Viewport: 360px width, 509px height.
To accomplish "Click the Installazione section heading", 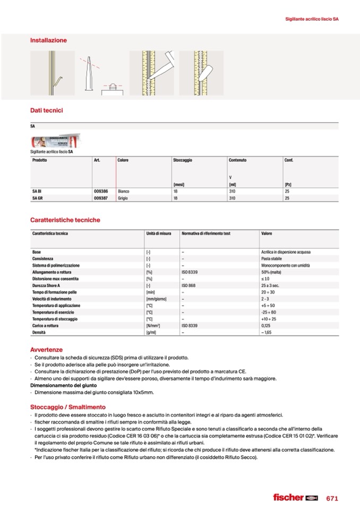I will (x=48, y=40).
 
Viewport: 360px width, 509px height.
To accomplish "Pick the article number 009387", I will (x=101, y=197).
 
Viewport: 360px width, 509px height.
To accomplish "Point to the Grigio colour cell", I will (x=123, y=197).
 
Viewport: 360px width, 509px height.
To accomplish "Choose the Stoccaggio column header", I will (x=182, y=160).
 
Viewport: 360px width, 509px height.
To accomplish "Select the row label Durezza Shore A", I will (x=47, y=286).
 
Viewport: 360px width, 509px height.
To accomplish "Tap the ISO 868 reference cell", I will (x=189, y=286).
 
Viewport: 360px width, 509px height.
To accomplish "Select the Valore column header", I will (x=267, y=234).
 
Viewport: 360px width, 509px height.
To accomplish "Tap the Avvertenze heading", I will (x=47, y=350).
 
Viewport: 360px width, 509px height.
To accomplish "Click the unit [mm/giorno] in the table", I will (x=157, y=299).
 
